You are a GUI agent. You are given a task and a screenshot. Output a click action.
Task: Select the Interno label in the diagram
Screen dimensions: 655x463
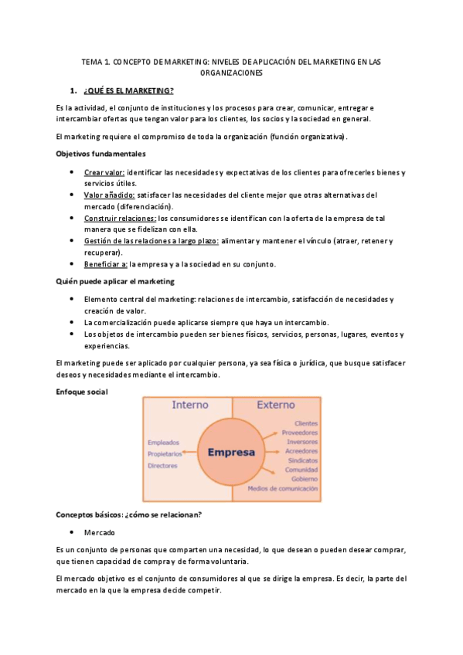point(189,405)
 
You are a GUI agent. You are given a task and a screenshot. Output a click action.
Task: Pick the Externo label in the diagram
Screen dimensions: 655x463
point(276,405)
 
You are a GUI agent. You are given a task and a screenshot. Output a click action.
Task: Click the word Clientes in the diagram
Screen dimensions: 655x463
point(306,423)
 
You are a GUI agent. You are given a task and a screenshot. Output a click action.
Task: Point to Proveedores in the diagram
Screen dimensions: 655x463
point(300,433)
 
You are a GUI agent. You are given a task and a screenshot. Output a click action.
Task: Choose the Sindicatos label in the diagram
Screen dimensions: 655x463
point(301,460)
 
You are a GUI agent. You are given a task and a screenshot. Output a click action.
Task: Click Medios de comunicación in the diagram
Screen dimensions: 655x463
point(283,488)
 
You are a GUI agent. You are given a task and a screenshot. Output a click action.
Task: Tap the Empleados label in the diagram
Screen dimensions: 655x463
point(163,443)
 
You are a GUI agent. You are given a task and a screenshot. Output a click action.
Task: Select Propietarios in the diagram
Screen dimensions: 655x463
point(165,454)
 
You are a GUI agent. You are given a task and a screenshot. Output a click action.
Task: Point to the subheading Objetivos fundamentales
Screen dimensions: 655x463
point(100,154)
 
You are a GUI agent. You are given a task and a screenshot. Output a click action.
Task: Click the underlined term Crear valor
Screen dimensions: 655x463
point(104,171)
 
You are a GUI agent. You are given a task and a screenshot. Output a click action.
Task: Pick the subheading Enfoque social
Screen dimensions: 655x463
point(82,392)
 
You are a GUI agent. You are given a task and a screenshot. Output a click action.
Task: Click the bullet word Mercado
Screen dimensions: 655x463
point(100,532)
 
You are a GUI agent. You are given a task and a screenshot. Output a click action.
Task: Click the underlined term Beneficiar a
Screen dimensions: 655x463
point(106,264)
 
